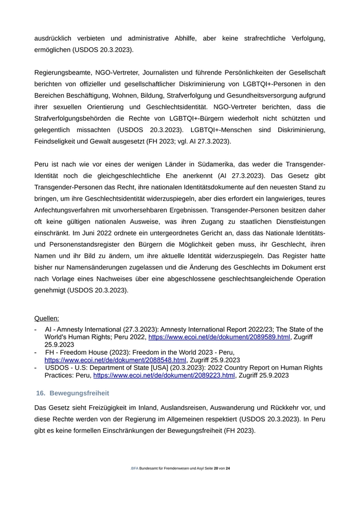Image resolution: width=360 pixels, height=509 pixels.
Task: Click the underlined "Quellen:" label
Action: click(47, 318)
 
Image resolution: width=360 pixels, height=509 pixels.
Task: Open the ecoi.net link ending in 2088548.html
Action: click(115, 360)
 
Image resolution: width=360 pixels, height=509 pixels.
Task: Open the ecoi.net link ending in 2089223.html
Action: click(164, 375)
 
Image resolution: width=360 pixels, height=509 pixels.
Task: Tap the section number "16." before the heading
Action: click(41, 393)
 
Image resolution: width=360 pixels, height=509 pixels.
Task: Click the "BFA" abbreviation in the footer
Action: click(135, 468)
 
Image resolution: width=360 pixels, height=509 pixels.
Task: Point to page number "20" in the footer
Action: click(216, 468)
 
